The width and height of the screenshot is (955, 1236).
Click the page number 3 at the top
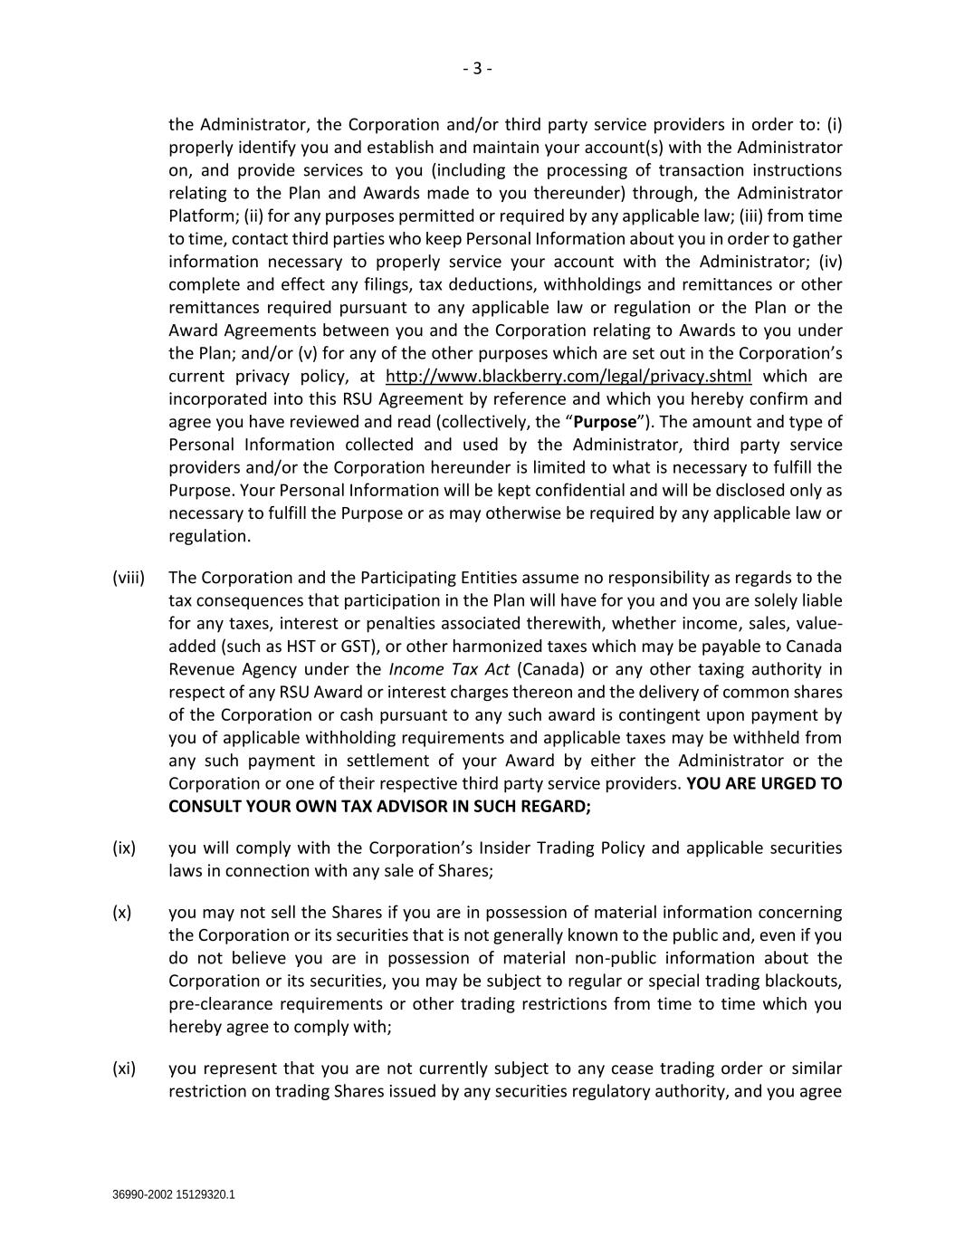click(477, 69)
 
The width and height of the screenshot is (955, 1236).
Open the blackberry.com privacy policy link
click(568, 377)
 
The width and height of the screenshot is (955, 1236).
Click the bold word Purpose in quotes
click(606, 422)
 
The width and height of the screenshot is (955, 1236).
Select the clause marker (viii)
click(129, 578)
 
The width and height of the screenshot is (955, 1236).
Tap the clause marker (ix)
click(124, 848)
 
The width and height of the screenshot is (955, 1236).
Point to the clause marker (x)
click(122, 913)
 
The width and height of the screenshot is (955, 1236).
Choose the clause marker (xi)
click(124, 1068)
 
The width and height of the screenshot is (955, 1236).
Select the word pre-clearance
click(214, 1004)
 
